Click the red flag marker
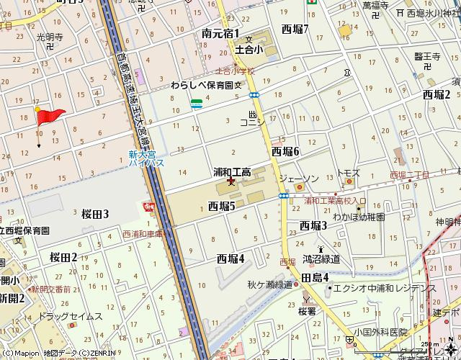[50, 115]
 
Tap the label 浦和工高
[231, 172]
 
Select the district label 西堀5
[222, 207]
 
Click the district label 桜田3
[95, 214]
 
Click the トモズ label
[349, 174]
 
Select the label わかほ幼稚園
[359, 217]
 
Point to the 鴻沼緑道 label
[321, 258]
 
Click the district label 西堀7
[295, 30]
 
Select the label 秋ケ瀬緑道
[269, 284]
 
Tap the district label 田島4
[315, 278]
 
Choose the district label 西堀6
[285, 151]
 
